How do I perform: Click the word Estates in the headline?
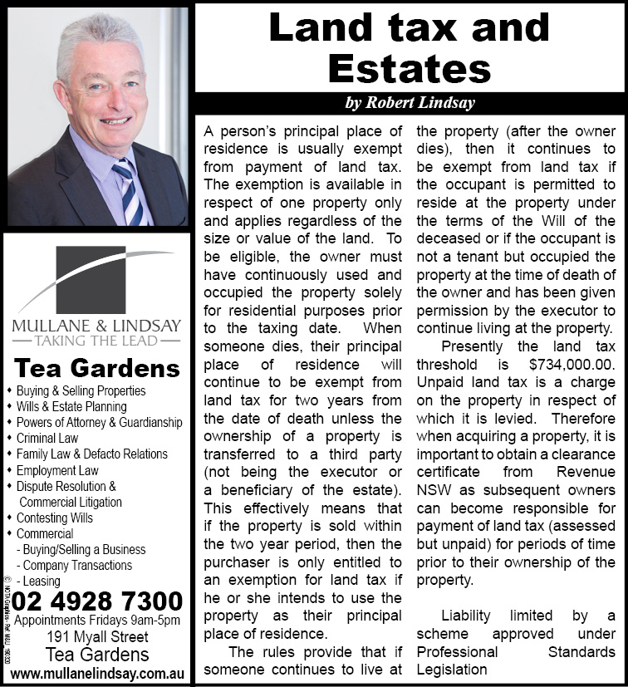[x=410, y=66]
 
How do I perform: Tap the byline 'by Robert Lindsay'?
[x=410, y=104]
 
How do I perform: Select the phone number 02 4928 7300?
[x=98, y=601]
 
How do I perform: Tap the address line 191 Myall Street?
[x=97, y=637]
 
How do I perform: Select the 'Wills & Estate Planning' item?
[x=71, y=407]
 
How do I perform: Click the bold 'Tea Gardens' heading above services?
[x=97, y=368]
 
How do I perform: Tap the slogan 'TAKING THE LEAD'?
[x=97, y=340]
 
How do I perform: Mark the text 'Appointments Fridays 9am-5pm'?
[x=97, y=621]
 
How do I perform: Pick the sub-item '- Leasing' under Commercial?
[x=38, y=581]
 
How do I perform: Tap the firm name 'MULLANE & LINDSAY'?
[x=97, y=324]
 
